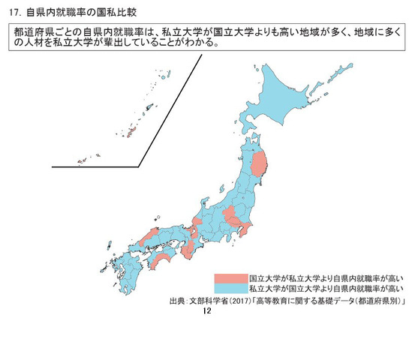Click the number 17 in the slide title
click(x=14, y=12)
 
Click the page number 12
click(x=209, y=310)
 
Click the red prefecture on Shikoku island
click(x=164, y=259)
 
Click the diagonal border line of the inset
click(x=173, y=109)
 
